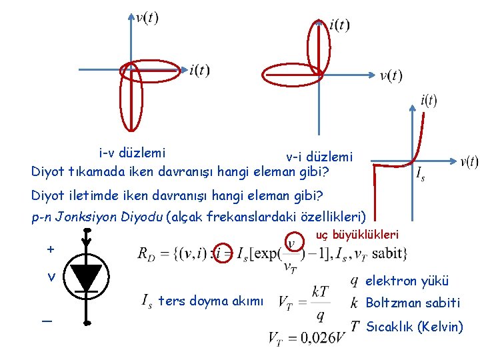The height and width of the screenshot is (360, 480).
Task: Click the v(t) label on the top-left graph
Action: click(147, 17)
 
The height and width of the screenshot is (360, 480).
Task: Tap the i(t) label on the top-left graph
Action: click(199, 70)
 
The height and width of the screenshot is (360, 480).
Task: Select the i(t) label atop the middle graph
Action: click(339, 25)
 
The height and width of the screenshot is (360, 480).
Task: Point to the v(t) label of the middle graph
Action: click(391, 75)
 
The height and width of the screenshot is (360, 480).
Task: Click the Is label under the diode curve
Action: click(420, 175)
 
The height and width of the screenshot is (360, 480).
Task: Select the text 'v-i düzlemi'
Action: click(319, 157)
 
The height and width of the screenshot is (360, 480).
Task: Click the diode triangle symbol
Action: click(87, 277)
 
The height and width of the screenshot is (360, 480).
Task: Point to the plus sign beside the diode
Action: click(51, 249)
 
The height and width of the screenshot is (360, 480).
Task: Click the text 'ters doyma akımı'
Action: click(210, 301)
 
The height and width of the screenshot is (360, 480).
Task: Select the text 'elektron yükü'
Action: click(407, 281)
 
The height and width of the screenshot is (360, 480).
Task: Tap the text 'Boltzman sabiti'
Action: click(413, 303)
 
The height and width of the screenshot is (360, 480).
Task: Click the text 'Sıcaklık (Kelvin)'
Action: click(415, 327)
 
